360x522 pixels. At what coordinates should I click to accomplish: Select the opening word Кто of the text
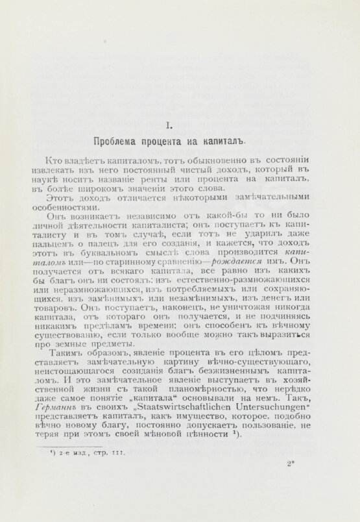coord(56,159)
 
